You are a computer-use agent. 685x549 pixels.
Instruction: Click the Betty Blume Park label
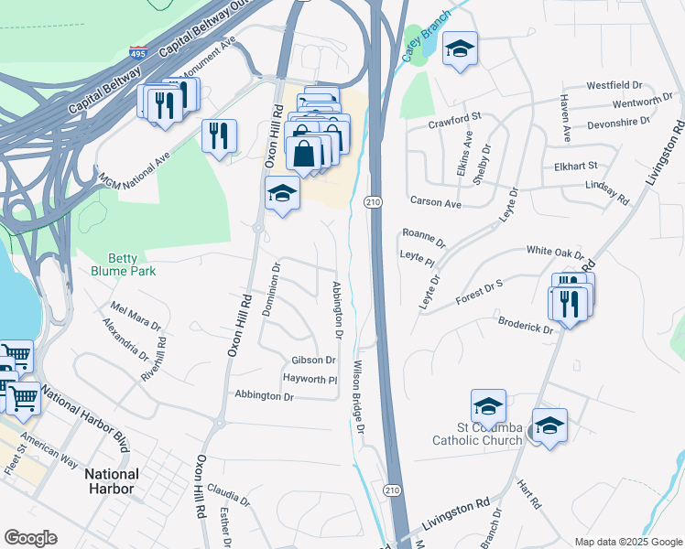(x=124, y=264)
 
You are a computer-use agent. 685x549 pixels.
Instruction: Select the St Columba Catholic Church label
(x=477, y=433)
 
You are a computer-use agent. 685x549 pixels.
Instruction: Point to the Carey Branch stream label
(x=425, y=37)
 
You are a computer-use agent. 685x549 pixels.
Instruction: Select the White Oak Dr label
(x=554, y=252)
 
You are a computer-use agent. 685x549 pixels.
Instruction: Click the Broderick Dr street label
(x=526, y=324)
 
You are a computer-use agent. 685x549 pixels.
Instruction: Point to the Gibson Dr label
(x=314, y=361)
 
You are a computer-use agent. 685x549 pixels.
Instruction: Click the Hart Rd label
(x=530, y=494)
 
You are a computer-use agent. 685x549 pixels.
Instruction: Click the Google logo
(x=30, y=538)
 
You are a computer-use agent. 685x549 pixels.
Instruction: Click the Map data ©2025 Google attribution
(x=627, y=541)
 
